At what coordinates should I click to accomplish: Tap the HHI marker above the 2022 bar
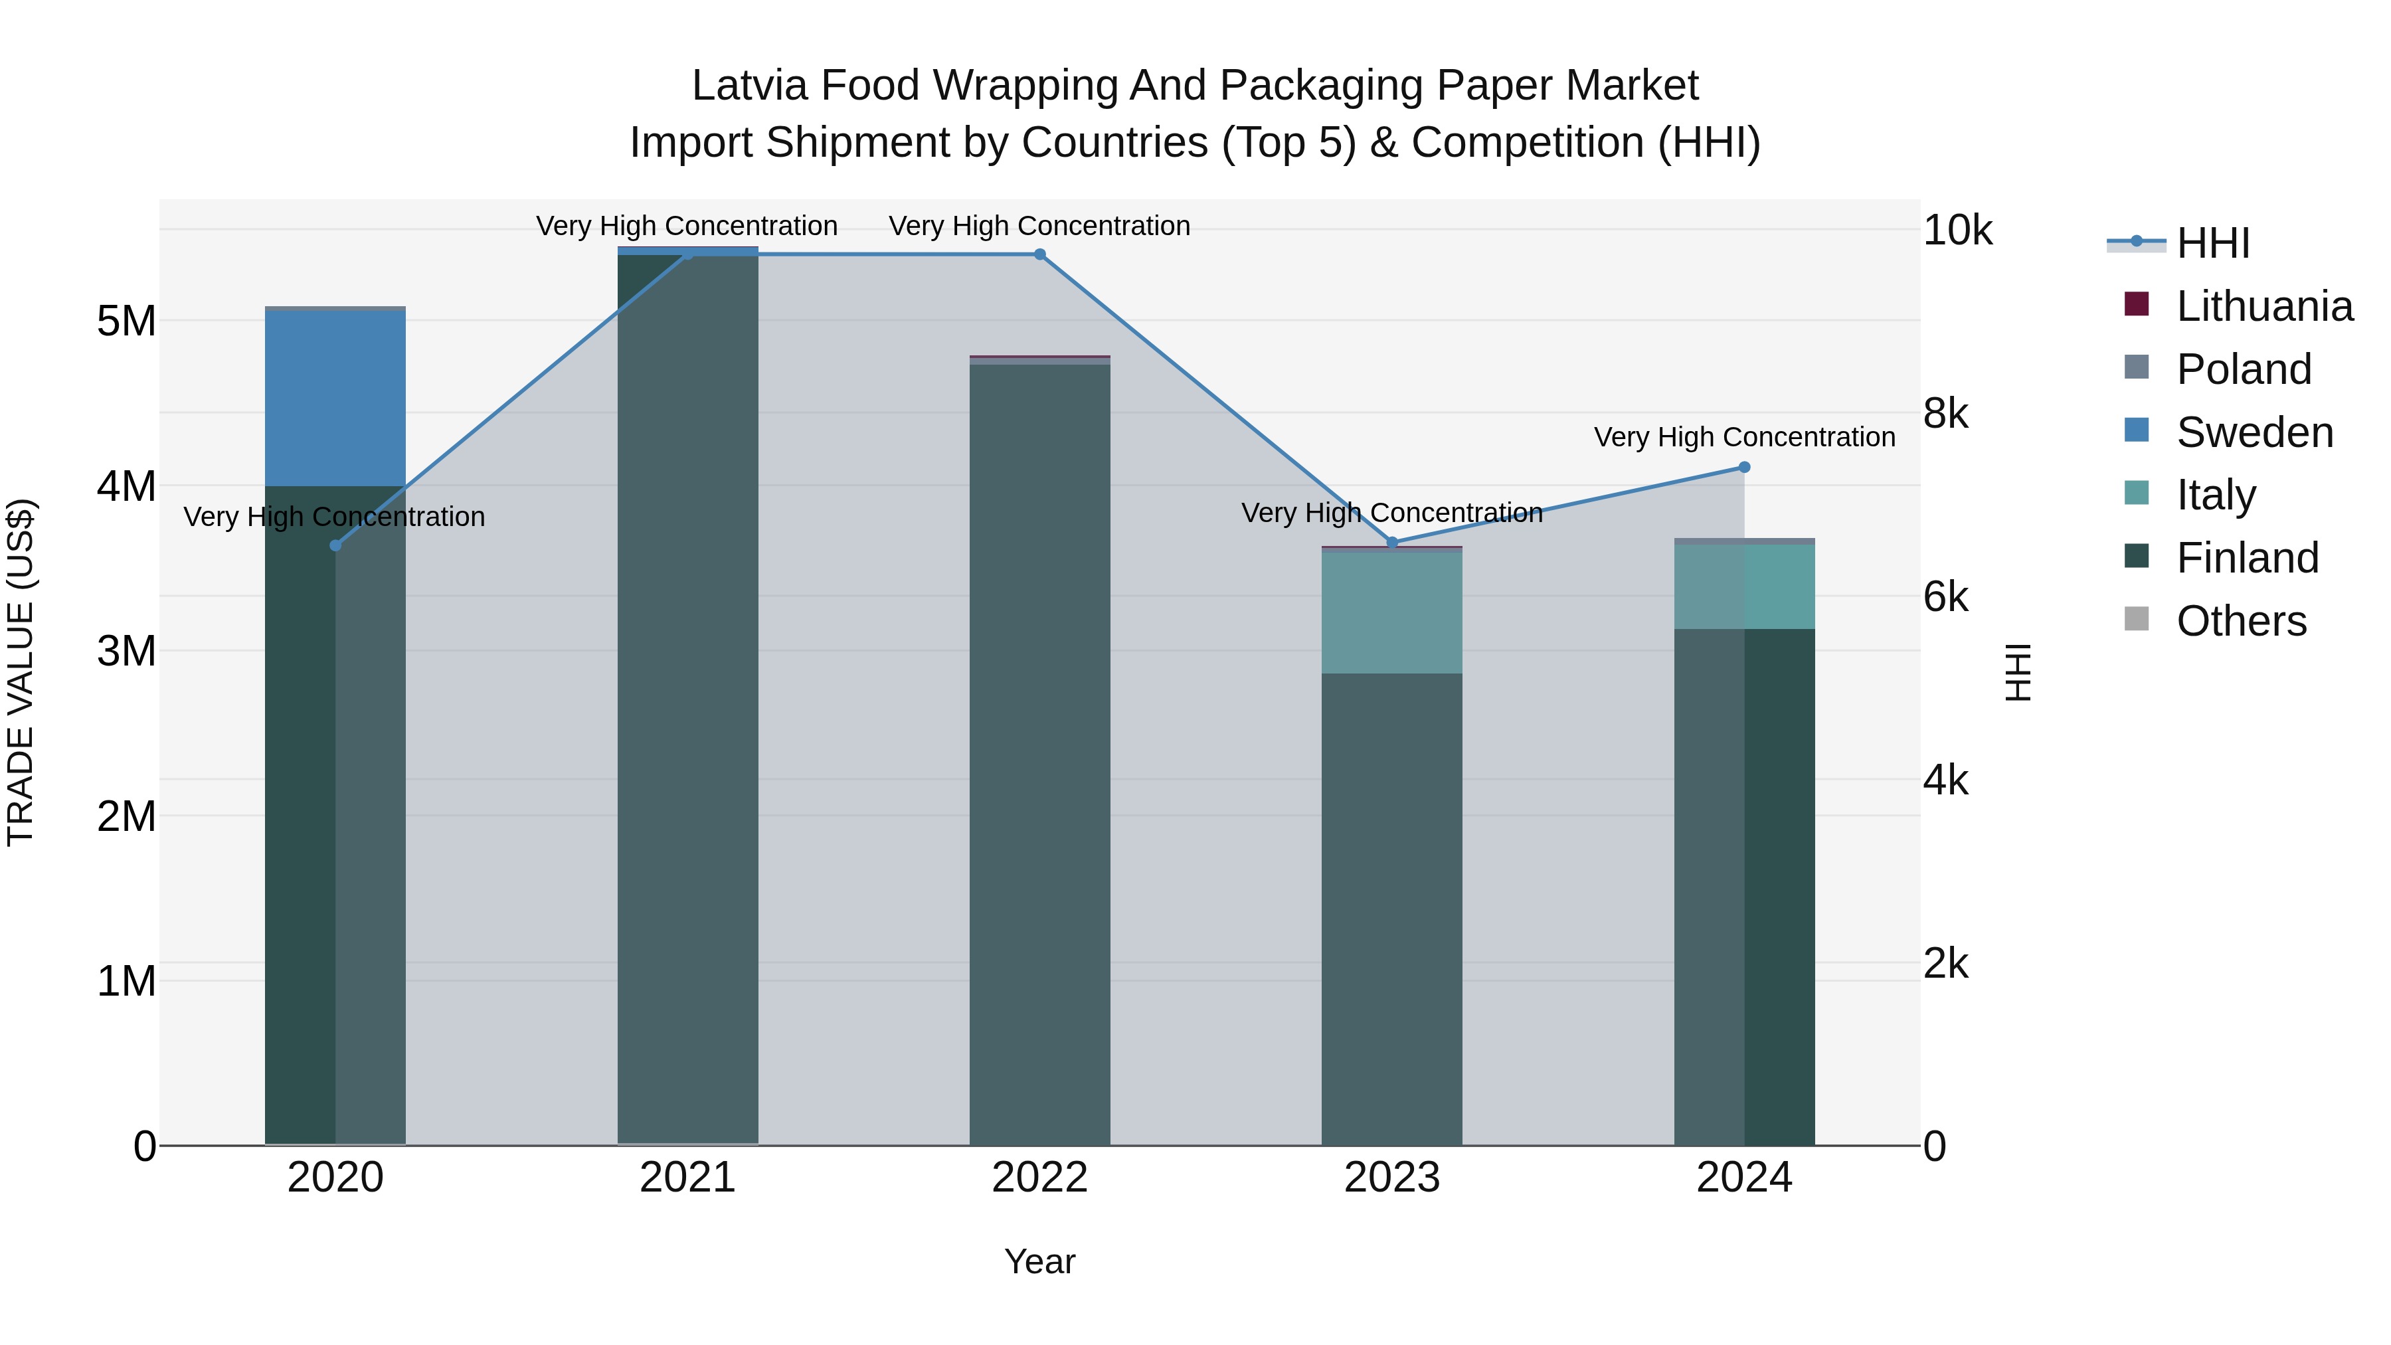(x=1039, y=254)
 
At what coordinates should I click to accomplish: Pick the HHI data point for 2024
(x=1744, y=468)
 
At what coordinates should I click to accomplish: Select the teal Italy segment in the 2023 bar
(x=1391, y=612)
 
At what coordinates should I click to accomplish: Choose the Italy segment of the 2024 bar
(x=1744, y=586)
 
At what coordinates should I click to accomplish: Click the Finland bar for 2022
(x=1039, y=752)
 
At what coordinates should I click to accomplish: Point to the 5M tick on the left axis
(x=126, y=322)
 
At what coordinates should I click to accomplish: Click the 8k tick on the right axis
(x=1945, y=414)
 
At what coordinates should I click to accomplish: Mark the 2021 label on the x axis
(x=687, y=1178)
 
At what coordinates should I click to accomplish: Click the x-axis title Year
(x=1039, y=1261)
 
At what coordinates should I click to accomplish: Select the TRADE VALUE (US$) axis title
(x=21, y=672)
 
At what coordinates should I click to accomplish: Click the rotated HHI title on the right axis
(x=2018, y=672)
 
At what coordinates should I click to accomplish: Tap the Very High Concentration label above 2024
(x=1744, y=437)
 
